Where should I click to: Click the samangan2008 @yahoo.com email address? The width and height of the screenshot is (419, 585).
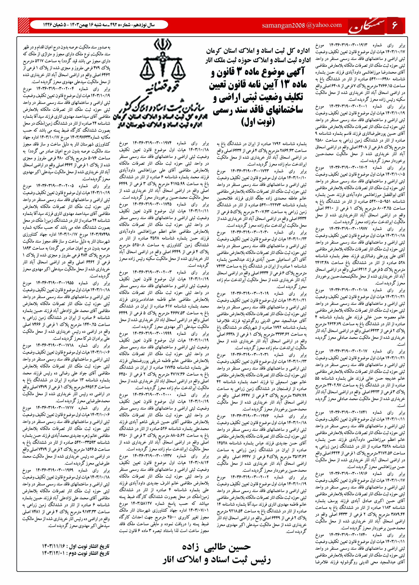302,25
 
